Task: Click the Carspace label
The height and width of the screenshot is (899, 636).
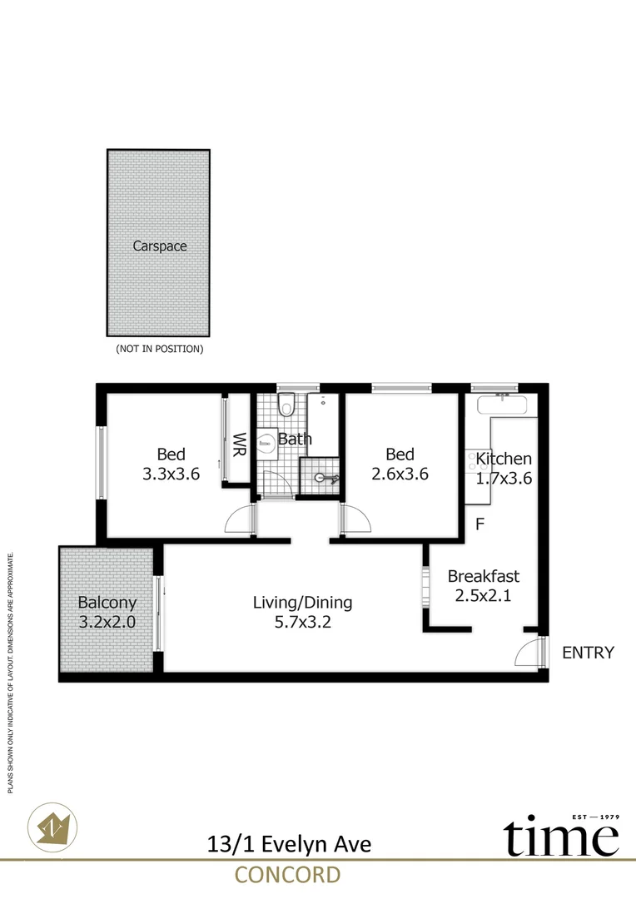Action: pos(160,246)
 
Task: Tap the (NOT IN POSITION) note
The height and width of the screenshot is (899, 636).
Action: pos(160,349)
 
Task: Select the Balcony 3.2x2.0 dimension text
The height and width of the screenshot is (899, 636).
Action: pos(107,622)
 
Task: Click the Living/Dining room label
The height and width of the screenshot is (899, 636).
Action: pos(303,603)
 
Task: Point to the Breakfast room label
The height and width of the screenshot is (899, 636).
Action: pos(484,576)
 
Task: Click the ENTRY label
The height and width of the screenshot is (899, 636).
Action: pos(588,653)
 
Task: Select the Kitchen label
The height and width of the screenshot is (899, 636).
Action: pos(504,459)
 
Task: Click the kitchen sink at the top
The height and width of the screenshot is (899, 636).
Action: pos(502,405)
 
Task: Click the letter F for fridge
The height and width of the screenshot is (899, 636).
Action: pos(480,524)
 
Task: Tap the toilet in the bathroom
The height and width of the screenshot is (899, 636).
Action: pos(286,405)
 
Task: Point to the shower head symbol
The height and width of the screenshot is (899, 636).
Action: pos(325,478)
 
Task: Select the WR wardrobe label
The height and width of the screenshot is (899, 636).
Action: pos(239,445)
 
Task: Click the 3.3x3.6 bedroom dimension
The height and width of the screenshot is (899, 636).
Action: pos(171,474)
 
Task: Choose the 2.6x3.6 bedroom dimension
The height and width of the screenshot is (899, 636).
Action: pos(400,474)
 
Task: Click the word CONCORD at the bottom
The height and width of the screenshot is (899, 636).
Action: pos(288,876)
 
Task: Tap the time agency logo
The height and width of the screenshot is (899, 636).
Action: pos(561,835)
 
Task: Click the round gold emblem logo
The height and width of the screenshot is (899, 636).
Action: pos(52,827)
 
